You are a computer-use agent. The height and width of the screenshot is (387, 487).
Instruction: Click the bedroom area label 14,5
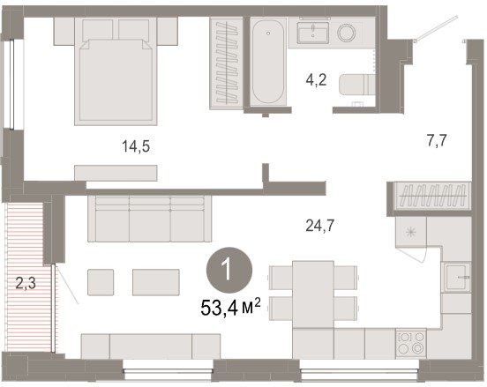pyautogui.click(x=136, y=146)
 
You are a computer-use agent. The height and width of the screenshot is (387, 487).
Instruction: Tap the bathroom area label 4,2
pyautogui.click(x=316, y=79)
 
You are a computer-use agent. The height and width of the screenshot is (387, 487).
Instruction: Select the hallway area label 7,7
pyautogui.click(x=437, y=140)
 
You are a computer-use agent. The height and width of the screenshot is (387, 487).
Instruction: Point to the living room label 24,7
pyautogui.click(x=320, y=226)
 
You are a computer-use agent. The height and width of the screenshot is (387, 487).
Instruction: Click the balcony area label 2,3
pyautogui.click(x=26, y=283)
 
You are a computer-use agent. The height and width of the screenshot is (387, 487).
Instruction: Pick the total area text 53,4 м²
pyautogui.click(x=230, y=308)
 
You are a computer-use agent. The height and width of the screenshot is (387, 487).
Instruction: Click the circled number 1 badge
pyautogui.click(x=229, y=270)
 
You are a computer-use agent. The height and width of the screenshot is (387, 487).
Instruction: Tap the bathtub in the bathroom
pyautogui.click(x=268, y=62)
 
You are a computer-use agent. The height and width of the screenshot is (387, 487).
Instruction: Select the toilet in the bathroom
pyautogui.click(x=357, y=84)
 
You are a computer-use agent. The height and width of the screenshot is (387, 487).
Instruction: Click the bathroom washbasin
pyautogui.click(x=313, y=33)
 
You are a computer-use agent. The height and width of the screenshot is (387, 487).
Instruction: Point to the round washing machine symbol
pyautogui.click(x=347, y=33)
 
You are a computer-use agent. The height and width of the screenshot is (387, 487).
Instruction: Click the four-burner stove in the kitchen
pyautogui.click(x=410, y=343)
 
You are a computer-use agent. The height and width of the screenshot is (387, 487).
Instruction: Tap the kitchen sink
pyautogui.click(x=457, y=277)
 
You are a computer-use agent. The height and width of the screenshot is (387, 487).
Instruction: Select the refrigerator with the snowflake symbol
pyautogui.click(x=410, y=232)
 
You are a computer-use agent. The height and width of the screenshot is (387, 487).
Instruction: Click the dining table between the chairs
pyautogui.click(x=313, y=294)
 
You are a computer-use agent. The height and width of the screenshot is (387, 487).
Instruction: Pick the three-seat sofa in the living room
pyautogui.click(x=149, y=219)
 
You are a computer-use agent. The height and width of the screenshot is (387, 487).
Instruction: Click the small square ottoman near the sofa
pyautogui.click(x=101, y=282)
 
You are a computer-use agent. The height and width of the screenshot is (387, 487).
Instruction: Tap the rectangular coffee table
pyautogui.click(x=156, y=282)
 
